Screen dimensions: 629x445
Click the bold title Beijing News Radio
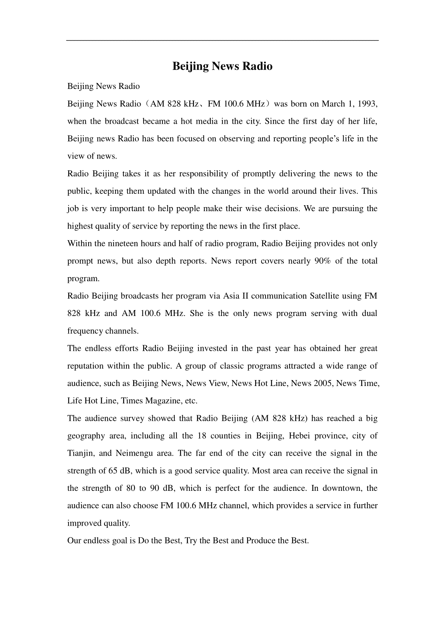coord(222,66)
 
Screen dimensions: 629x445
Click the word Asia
coord(231,296)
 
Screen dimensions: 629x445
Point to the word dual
coord(369,314)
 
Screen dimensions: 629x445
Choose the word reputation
coord(86,366)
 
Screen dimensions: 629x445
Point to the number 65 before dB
coord(113,471)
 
